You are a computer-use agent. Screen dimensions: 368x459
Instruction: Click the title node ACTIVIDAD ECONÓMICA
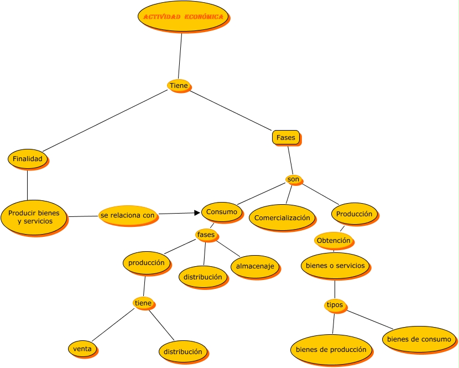pos(183,17)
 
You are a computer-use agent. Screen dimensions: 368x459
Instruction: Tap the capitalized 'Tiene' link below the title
pos(179,85)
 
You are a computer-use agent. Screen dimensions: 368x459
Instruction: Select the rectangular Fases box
pos(286,137)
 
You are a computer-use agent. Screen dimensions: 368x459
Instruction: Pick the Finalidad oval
pos(28,159)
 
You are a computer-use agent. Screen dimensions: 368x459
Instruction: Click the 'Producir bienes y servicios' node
pos(34,217)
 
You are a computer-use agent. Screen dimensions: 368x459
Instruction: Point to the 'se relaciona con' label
pos(128,215)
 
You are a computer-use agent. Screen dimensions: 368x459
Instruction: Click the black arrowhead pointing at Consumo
pos(196,212)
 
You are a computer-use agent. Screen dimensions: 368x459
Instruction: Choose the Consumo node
pos(221,212)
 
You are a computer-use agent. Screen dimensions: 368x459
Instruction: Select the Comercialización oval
pos(282,218)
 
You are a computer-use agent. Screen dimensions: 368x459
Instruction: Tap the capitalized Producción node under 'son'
pos(354,214)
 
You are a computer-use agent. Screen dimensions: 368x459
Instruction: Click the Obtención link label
pos(333,241)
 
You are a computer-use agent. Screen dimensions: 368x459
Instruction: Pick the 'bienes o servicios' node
pos(335,266)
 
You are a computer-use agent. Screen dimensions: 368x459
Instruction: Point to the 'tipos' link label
pos(335,305)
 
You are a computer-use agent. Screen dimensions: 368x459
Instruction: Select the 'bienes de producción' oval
pos(331,350)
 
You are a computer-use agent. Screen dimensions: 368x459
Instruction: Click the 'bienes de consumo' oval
pos(419,339)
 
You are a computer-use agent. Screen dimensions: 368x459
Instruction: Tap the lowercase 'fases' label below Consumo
pos(206,235)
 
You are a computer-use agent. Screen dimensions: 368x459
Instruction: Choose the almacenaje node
pos(255,266)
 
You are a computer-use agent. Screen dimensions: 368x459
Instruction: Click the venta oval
pos(82,349)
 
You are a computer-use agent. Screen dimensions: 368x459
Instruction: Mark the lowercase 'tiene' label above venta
pos(143,303)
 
